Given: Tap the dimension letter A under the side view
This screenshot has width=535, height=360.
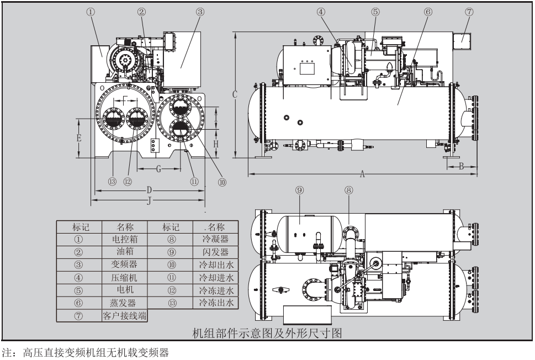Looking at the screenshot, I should (363, 173).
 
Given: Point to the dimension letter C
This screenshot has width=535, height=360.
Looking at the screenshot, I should (235, 95).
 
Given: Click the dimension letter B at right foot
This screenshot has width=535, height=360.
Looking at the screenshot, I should (460, 167).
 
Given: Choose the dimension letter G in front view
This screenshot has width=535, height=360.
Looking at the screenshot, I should (158, 169).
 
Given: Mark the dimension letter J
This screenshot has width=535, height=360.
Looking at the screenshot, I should (149, 200).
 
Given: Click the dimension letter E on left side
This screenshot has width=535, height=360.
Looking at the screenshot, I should (79, 138).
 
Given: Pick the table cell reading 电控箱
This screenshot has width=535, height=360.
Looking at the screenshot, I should (124, 240).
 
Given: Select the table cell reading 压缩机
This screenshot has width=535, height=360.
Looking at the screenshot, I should (124, 277).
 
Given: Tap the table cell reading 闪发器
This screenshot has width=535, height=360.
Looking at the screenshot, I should (215, 252).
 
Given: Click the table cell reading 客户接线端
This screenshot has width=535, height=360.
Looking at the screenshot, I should (124, 315).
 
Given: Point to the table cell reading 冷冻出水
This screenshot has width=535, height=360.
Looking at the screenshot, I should (215, 303).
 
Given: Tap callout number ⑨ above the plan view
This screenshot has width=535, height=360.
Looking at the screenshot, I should (299, 189).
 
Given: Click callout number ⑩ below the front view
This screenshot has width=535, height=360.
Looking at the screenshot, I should (222, 182).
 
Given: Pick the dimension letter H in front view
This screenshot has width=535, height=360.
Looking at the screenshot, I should (217, 143).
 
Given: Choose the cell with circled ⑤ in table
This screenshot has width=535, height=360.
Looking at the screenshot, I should (78, 290).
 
